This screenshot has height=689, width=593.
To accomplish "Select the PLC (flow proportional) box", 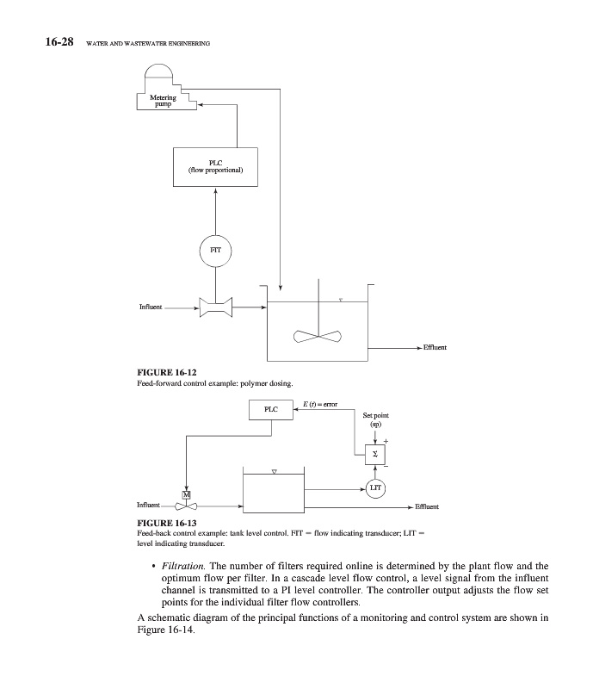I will (216, 166).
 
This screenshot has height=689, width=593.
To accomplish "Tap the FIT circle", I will (215, 249).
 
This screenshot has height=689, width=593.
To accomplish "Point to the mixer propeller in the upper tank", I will (317, 337).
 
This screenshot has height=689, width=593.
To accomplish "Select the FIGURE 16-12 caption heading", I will (162, 372).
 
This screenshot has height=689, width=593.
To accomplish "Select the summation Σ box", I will (376, 453).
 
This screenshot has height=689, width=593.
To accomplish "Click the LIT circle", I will (376, 488).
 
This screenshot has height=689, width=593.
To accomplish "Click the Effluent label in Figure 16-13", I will (428, 506).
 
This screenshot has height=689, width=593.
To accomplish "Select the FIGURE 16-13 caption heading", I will (162, 523).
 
